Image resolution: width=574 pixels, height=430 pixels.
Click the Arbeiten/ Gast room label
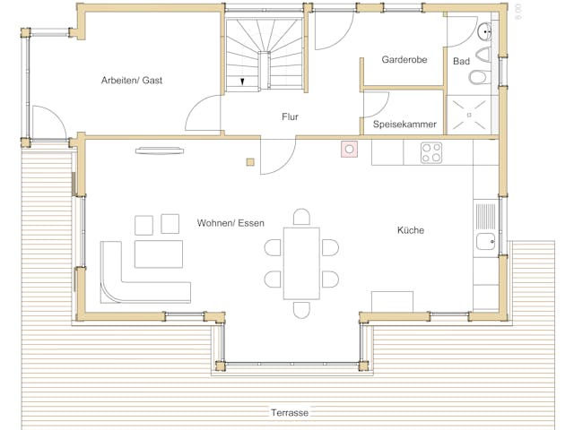click(x=132, y=81)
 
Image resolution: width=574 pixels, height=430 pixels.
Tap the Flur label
click(x=290, y=116)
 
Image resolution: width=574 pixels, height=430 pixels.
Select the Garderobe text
click(x=404, y=60)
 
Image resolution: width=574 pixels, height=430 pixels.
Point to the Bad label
click(x=461, y=61)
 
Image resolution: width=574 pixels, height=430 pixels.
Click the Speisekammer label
click(x=404, y=125)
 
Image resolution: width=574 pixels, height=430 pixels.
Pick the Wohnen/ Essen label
click(x=230, y=223)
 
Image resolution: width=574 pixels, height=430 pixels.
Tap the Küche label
click(x=411, y=230)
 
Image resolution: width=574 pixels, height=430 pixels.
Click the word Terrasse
click(x=290, y=413)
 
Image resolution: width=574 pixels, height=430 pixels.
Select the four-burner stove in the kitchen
click(x=431, y=152)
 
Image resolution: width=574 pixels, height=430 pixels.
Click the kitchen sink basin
click(x=486, y=242)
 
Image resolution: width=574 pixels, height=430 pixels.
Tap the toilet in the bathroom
click(x=478, y=77)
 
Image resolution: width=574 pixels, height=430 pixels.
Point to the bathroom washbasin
click(x=484, y=31)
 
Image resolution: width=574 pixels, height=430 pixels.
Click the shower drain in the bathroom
click(x=469, y=116)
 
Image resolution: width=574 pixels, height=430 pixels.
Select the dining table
click(x=301, y=263)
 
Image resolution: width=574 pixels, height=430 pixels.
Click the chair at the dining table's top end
click(x=301, y=217)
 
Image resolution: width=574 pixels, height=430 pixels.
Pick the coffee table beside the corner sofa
click(x=159, y=254)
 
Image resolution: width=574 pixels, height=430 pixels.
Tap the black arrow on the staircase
click(x=242, y=82)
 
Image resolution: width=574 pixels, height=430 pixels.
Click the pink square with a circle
click(x=349, y=150)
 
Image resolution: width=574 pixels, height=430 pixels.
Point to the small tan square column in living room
click(x=250, y=162)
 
